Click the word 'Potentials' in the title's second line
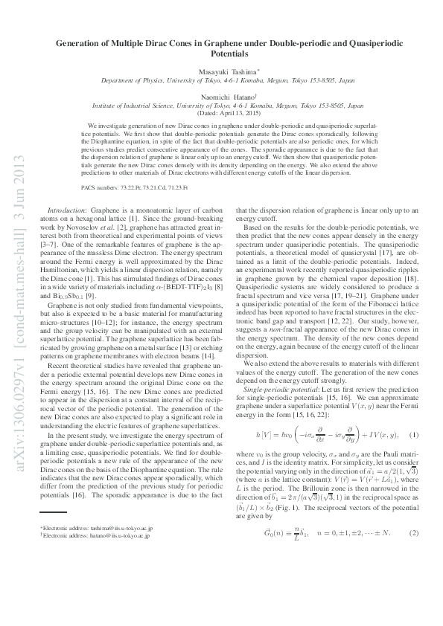(221, 54)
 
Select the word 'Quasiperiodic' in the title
(360, 44)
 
